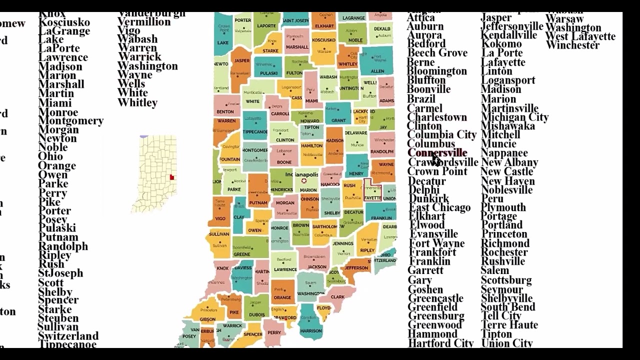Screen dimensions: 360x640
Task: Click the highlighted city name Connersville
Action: [437, 153]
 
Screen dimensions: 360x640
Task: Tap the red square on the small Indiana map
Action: [171, 177]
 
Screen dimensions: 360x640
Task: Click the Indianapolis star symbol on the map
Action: [303, 181]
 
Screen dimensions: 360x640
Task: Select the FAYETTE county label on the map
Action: [372, 198]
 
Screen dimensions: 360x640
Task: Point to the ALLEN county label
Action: [377, 71]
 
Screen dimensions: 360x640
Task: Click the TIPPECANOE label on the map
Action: [255, 132]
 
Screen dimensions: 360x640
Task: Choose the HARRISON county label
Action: [310, 330]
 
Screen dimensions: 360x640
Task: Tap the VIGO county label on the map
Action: [220, 218]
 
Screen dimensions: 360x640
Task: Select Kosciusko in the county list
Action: [64, 22]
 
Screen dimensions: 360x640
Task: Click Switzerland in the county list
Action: [68, 335]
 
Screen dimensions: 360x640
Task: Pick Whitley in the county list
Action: [137, 102]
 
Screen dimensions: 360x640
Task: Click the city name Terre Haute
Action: [509, 325]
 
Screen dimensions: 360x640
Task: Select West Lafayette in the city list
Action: [580, 36]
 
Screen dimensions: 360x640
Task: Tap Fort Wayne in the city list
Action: [436, 243]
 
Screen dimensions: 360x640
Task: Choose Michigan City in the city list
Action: [514, 117]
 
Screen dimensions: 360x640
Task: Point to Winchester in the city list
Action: [572, 45]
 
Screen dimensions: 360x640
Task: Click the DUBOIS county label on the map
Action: [257, 315]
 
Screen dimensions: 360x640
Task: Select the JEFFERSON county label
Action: [356, 268]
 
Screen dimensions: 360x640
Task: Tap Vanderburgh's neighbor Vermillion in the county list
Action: [144, 21]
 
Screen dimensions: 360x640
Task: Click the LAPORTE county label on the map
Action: [266, 26]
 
